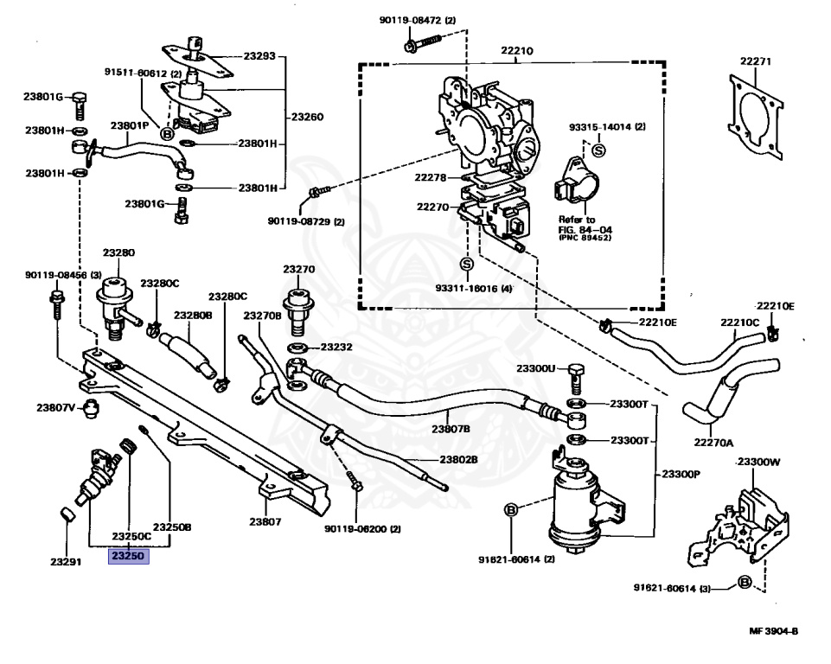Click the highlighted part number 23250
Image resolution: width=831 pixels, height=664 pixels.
point(128,556)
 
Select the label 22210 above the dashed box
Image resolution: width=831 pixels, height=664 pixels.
point(517,51)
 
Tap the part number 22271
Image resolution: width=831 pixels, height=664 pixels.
point(755,61)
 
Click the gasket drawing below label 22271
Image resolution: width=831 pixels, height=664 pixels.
point(755,116)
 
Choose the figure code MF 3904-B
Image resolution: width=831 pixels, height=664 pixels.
point(774,630)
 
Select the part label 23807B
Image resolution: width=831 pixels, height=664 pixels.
point(451,429)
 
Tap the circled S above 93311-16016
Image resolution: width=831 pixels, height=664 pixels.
point(467,264)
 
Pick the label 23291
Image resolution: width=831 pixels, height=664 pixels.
point(66,562)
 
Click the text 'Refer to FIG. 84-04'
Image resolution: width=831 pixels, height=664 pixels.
point(585,225)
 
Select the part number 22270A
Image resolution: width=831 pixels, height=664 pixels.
point(714,443)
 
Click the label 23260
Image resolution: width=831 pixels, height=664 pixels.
point(307,117)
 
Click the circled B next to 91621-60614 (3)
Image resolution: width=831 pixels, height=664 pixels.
point(745,583)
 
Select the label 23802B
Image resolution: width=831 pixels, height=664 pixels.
point(459,459)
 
